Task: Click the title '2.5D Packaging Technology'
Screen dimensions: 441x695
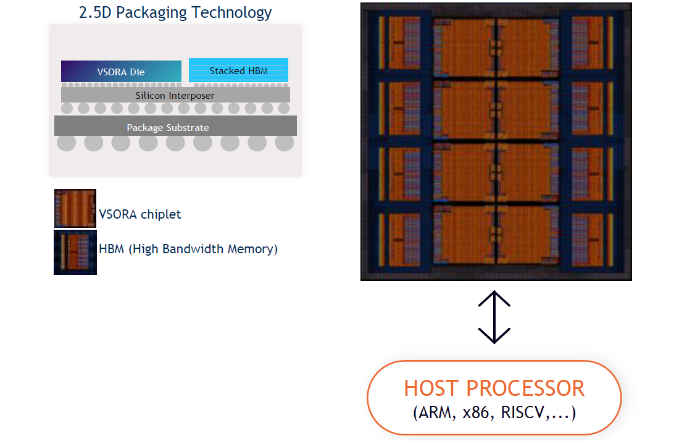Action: pos(175,12)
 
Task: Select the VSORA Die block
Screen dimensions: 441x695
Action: pos(121,71)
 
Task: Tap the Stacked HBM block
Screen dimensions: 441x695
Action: pos(238,70)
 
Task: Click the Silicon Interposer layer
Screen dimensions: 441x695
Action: pos(175,95)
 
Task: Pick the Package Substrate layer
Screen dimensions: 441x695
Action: pos(175,127)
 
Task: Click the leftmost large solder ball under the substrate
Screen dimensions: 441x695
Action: pos(67,143)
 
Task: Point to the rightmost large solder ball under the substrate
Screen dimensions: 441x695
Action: pos(284,143)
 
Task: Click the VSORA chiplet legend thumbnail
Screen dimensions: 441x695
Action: pos(75,209)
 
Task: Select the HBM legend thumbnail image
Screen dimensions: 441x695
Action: pos(75,252)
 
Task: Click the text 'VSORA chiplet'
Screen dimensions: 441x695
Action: pos(140,214)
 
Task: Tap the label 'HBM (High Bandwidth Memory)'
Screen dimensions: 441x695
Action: pos(188,249)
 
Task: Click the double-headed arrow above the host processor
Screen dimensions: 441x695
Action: pos(494,317)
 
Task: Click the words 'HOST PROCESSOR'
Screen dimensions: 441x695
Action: pos(494,388)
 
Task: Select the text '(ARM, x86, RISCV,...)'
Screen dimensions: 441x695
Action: pos(494,413)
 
